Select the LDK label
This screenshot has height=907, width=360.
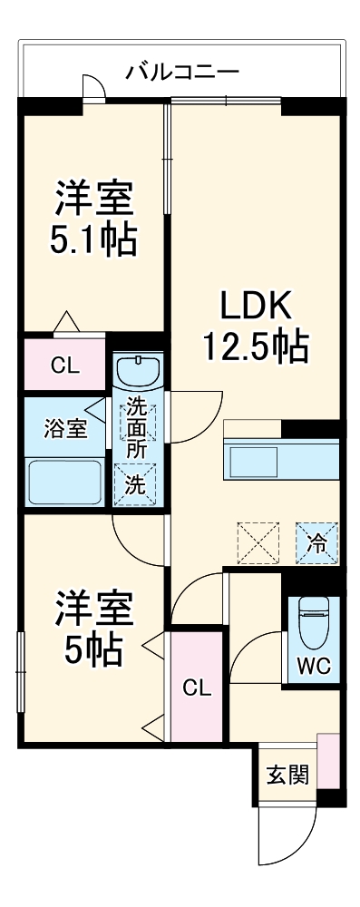click(x=256, y=307)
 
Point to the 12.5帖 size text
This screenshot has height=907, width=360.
click(x=255, y=346)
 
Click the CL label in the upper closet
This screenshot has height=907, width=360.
click(x=64, y=366)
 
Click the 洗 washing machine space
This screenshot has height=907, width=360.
click(x=134, y=484)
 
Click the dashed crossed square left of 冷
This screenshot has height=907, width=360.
click(x=258, y=543)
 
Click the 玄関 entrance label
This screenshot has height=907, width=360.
click(x=287, y=775)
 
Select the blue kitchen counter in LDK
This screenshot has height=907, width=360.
click(x=281, y=460)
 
